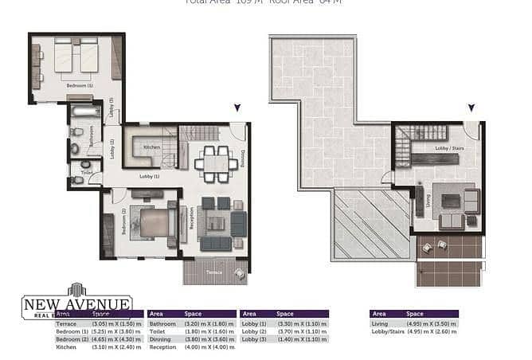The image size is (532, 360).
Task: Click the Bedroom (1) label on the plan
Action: (79, 85)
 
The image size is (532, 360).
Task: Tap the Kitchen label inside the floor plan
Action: (151, 147)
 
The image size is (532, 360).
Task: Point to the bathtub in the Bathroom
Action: (80, 112)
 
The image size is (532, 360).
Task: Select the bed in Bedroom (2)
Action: (151, 222)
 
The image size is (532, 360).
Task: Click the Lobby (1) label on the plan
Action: (149, 176)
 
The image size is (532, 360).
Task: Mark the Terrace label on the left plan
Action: (213, 272)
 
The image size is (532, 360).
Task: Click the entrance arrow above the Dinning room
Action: (236, 108)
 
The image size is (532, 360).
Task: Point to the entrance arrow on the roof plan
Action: (471, 108)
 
